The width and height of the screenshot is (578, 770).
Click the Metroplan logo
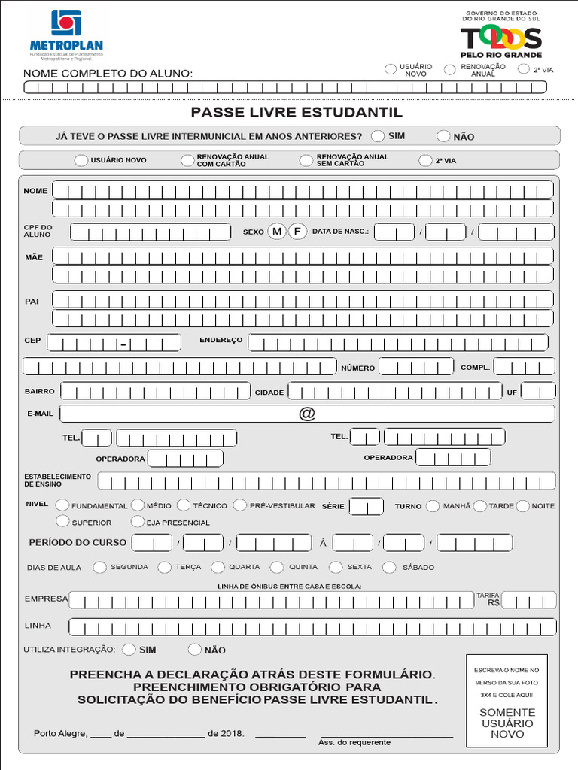point(66,35)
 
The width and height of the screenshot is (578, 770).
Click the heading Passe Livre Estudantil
point(297,113)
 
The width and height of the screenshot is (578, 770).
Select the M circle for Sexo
point(277,232)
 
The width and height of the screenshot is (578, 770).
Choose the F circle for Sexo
point(298,232)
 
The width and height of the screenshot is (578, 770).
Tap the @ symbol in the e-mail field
point(307,414)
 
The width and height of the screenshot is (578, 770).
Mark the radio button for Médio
point(138,506)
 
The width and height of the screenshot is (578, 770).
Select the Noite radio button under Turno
point(523,506)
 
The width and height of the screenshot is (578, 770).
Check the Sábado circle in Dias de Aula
point(390,568)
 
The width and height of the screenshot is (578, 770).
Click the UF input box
point(538,391)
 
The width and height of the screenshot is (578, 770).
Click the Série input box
point(367,507)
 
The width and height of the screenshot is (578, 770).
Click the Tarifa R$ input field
point(529,601)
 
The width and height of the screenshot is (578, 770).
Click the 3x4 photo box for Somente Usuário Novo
point(507,700)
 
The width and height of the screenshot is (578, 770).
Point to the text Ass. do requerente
point(354,743)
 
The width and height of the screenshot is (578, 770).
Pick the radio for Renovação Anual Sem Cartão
point(306,160)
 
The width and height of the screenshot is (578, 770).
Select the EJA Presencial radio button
point(138,522)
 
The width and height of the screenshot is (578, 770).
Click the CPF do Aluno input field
point(151,232)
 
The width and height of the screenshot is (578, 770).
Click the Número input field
point(415,367)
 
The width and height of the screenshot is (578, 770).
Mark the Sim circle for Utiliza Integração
point(129,650)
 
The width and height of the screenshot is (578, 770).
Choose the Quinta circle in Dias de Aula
point(277,568)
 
